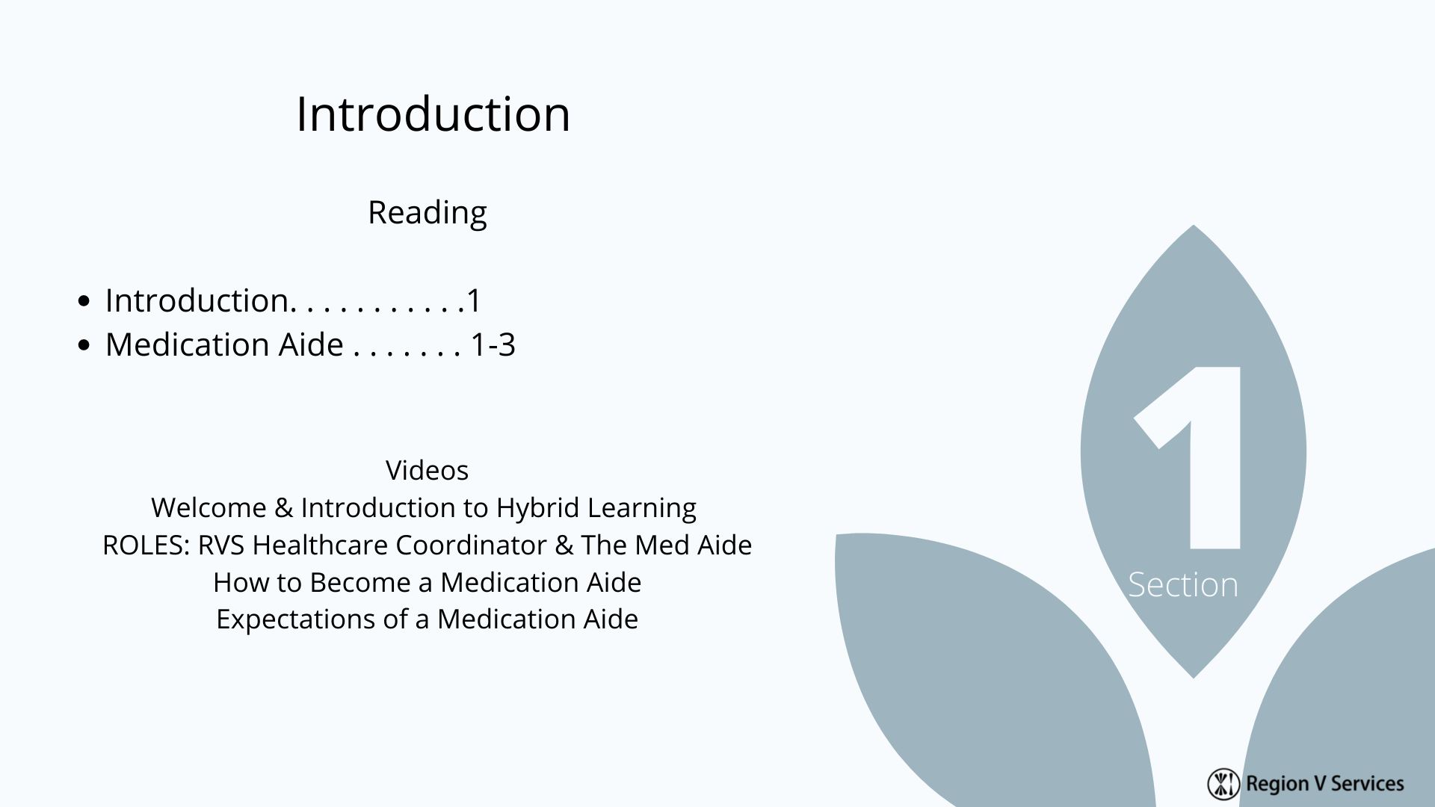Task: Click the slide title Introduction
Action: tap(433, 114)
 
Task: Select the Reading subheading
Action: tap(428, 214)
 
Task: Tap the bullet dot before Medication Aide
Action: tap(84, 345)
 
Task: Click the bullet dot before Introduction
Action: tap(84, 301)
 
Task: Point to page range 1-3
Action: tap(493, 345)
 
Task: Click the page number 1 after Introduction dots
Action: tap(474, 301)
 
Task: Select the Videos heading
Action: tap(427, 471)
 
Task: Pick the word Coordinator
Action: tap(471, 545)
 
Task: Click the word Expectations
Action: tap(308, 619)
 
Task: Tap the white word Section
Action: tap(1183, 584)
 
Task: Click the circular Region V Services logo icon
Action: tap(1223, 783)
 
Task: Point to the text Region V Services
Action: tap(1325, 784)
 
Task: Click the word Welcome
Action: tap(209, 508)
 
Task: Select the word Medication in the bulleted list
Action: tap(187, 345)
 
